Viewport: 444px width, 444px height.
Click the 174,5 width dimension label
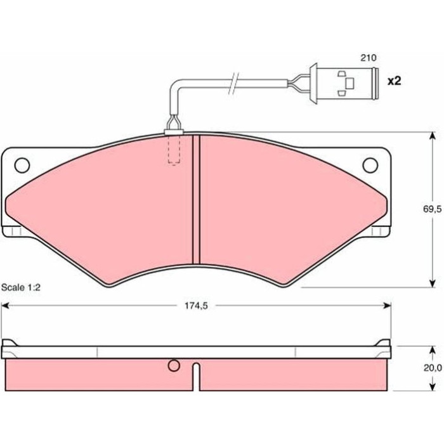[196, 306]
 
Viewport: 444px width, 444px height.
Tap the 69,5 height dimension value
[432, 209]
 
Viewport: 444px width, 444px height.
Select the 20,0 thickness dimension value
[433, 368]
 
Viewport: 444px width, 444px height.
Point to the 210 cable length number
[369, 58]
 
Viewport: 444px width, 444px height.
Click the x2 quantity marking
[395, 81]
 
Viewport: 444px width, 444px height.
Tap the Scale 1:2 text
[21, 287]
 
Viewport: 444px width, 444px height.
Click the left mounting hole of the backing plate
[22, 165]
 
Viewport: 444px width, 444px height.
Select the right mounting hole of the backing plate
[370, 165]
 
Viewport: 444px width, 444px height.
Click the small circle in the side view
[174, 365]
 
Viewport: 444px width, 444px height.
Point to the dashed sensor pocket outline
[174, 149]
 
